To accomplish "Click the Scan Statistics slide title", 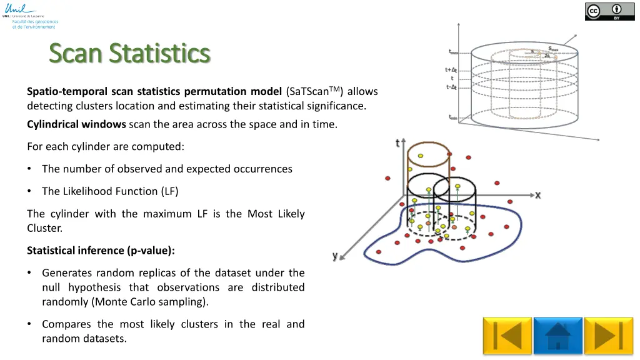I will tap(129, 53).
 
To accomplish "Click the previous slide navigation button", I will tap(507, 336).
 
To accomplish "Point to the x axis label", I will tap(537, 196).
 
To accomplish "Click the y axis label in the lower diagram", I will tap(336, 256).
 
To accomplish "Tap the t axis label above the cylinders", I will tap(397, 143).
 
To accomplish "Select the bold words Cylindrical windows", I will tap(76, 124).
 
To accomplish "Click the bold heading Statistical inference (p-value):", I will tap(101, 251).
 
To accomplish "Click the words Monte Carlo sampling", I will tap(154, 302).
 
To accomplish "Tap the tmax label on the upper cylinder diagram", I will tap(454, 52).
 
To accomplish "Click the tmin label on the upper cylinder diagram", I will tap(454, 117).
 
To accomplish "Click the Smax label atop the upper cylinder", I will tap(553, 49).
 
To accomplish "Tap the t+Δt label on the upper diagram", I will tap(452, 70).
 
